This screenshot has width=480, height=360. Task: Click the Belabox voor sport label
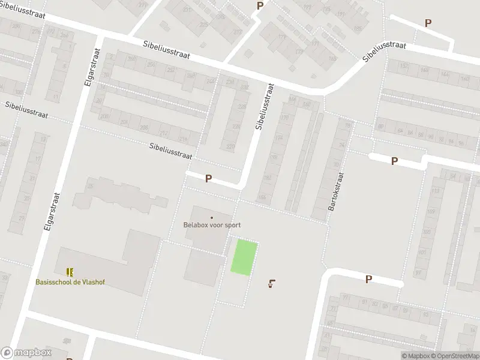click(x=212, y=226)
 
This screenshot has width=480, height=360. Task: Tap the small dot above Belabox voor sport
click(x=212, y=218)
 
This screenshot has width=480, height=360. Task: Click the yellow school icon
click(x=70, y=272)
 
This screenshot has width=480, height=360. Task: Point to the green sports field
click(x=245, y=257)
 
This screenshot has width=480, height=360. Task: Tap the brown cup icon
click(x=272, y=283)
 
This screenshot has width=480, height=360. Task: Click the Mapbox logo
click(x=26, y=353)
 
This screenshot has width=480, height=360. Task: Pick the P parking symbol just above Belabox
click(x=208, y=178)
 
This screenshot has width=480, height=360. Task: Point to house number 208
click(x=106, y=116)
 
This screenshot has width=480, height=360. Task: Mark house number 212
click(x=163, y=133)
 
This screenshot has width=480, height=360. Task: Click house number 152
click(x=404, y=65)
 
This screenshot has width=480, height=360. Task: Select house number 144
click(x=444, y=74)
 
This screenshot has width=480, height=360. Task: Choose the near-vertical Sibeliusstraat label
click(x=265, y=107)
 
